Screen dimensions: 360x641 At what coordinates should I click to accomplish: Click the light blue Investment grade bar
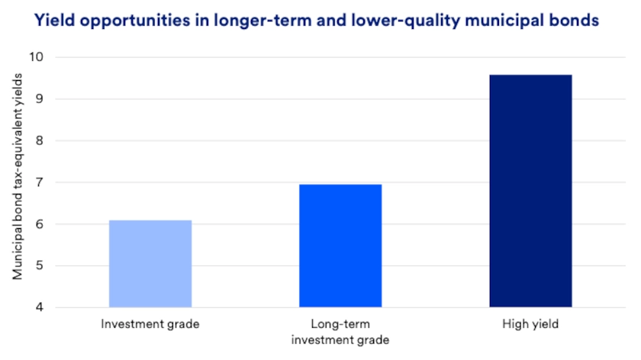(x=150, y=264)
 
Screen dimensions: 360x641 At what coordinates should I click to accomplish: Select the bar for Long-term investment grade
(x=340, y=246)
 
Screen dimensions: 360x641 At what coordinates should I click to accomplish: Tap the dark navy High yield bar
(x=530, y=191)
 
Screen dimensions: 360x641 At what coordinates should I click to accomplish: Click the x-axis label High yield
(x=530, y=324)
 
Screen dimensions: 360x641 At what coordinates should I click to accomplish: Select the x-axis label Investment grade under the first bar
(x=150, y=324)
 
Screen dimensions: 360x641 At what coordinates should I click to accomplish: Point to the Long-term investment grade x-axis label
(x=340, y=331)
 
